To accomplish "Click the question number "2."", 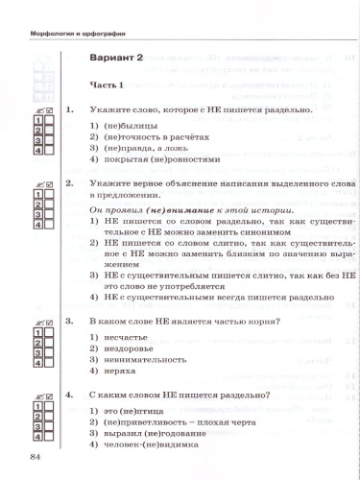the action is click(69, 181).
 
